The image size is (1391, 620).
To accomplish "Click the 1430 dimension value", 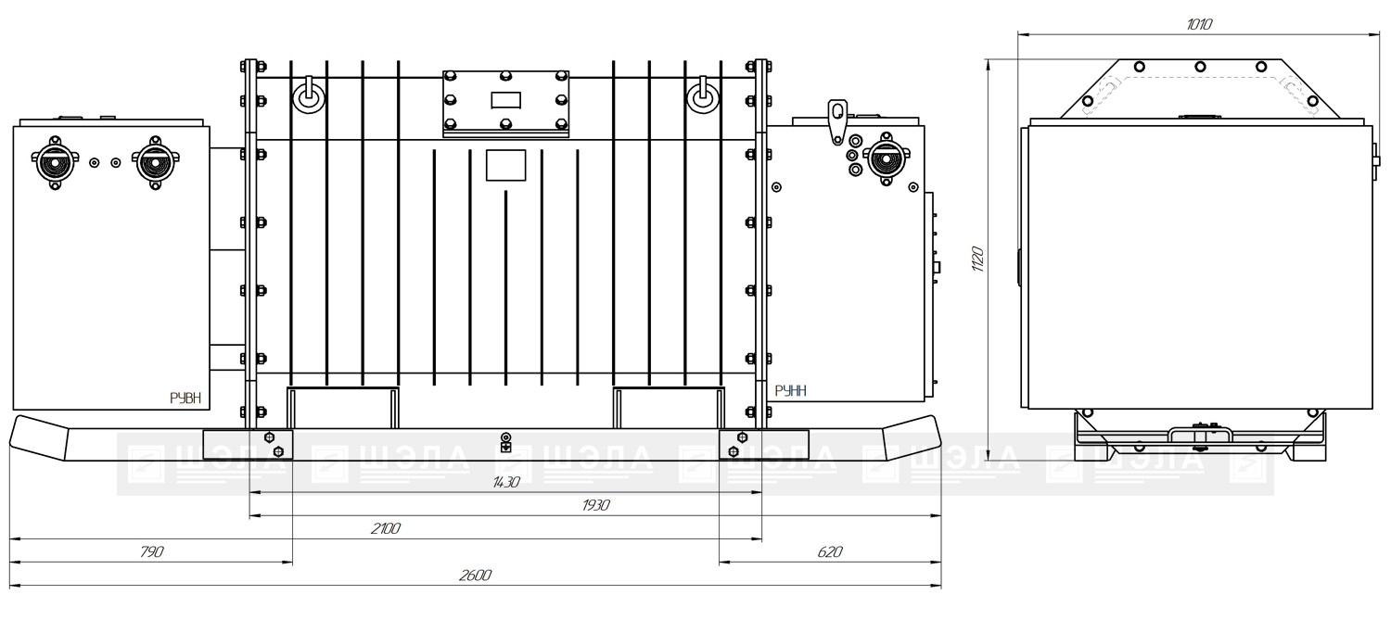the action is (505, 482).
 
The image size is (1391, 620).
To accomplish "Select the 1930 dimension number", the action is (595, 505).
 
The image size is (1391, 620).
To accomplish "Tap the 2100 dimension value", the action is (385, 528).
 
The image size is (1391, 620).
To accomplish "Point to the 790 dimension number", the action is (151, 551).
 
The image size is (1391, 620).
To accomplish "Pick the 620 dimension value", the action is (830, 551).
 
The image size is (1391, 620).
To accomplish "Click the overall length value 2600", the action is (475, 576).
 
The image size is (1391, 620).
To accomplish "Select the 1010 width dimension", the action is (1199, 24).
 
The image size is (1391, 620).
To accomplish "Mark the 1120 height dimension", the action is (977, 259).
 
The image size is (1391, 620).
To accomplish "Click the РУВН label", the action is (185, 399).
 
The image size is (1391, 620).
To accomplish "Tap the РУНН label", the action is (790, 390).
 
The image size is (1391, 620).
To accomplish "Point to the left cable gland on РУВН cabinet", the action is (55, 162).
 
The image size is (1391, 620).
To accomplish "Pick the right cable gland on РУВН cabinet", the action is (155, 162).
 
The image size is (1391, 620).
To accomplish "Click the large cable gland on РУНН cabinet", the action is (887, 158).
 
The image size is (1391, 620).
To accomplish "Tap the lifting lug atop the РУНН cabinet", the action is (837, 121).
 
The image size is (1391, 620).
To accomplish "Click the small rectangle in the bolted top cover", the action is (505, 100).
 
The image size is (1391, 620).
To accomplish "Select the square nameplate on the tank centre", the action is (505, 165).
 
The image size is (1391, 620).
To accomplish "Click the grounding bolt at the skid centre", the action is (506, 442).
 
